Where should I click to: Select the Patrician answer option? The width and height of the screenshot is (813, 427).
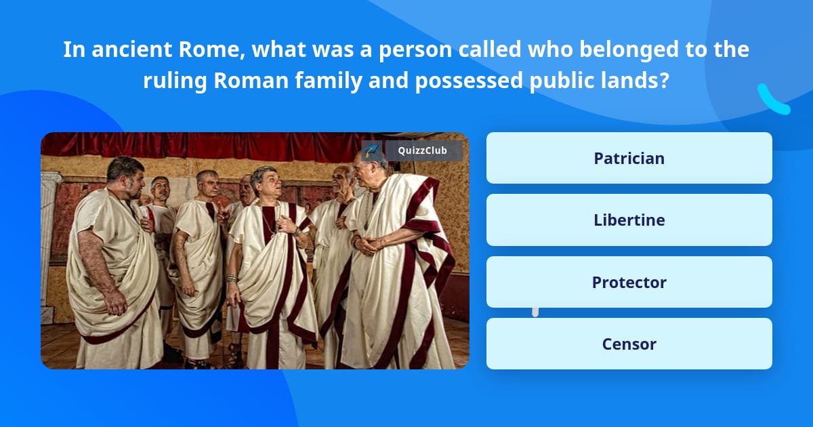tap(629, 158)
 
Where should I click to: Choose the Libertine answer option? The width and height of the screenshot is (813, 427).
tap(629, 220)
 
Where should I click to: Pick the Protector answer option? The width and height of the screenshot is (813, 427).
tap(629, 282)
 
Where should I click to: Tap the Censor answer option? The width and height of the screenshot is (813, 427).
tap(629, 344)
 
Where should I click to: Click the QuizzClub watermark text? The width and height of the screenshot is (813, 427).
tap(423, 150)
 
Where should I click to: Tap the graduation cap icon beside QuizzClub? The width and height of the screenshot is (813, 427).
tap(370, 150)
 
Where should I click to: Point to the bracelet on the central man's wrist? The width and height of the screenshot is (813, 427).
tap(231, 279)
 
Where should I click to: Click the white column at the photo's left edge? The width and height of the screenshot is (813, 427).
tap(49, 244)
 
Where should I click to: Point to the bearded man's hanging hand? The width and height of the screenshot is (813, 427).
tap(115, 302)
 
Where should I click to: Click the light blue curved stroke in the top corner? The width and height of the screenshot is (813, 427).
tap(773, 100)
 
